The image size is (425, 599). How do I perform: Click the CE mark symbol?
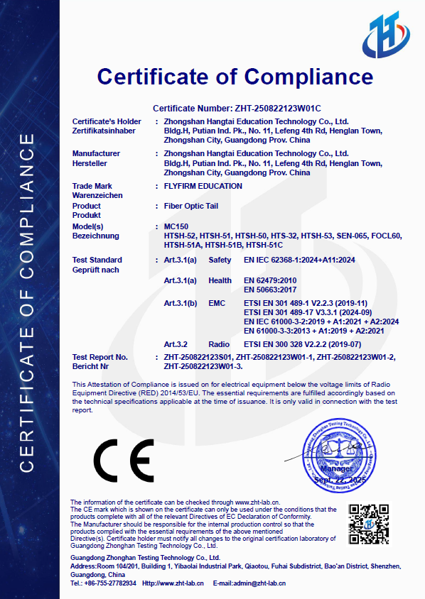click(x=123, y=461)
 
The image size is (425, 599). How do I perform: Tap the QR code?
click(x=367, y=524)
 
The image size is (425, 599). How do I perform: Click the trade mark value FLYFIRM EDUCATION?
click(x=203, y=186)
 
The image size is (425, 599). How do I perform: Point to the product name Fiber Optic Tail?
click(x=191, y=206)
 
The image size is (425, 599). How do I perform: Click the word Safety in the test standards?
click(x=220, y=260)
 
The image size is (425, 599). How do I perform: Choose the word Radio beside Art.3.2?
click(x=219, y=344)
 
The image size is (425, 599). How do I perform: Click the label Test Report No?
click(x=100, y=357)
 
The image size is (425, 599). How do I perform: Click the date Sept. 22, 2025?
click(x=340, y=480)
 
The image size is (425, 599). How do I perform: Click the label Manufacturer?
click(x=96, y=153)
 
